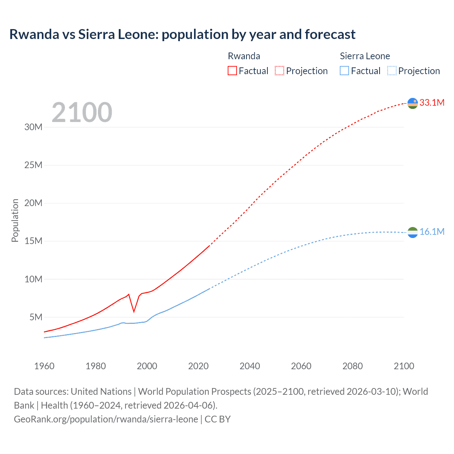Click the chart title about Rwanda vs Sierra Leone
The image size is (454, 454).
(x=182, y=34)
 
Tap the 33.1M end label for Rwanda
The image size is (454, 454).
(x=432, y=103)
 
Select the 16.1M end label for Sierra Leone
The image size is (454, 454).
(x=432, y=232)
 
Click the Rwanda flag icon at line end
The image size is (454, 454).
(x=413, y=103)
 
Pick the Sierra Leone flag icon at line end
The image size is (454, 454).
(x=413, y=232)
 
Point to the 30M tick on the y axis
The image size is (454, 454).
(x=33, y=127)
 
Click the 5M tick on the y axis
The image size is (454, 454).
(x=36, y=317)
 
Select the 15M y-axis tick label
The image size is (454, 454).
(x=33, y=241)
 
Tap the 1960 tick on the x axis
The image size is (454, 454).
(x=44, y=366)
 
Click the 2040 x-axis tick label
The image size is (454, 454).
(x=250, y=366)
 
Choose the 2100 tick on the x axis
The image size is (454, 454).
(x=404, y=366)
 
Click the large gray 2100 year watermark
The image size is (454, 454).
(x=82, y=112)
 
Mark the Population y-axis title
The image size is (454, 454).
(x=15, y=220)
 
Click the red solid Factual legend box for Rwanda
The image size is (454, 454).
(x=232, y=71)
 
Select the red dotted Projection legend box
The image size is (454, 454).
(x=279, y=71)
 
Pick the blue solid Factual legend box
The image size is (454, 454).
(x=344, y=71)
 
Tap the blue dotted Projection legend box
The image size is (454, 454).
(x=392, y=71)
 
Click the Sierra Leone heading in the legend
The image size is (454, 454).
(x=365, y=56)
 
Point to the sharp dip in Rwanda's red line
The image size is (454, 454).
(x=134, y=311)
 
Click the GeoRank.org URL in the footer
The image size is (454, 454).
(x=106, y=419)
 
